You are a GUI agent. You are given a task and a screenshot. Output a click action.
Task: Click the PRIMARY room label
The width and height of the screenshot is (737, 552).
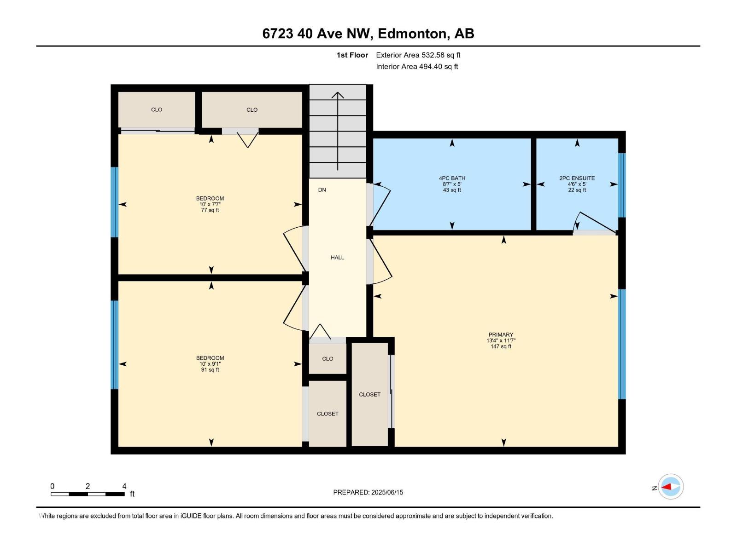(x=501, y=334)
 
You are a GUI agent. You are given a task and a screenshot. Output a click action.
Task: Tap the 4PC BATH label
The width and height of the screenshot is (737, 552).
(x=452, y=178)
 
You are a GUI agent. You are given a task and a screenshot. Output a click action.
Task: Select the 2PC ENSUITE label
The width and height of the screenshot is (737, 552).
(x=577, y=178)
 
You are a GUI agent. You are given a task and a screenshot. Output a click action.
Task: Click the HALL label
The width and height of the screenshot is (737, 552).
(x=337, y=258)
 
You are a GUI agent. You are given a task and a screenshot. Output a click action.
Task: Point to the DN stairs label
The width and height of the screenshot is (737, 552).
(x=322, y=190)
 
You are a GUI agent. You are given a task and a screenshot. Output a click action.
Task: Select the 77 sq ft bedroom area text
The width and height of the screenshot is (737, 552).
(x=210, y=210)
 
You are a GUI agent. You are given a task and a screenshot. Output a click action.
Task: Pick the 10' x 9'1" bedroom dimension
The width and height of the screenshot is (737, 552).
(x=210, y=364)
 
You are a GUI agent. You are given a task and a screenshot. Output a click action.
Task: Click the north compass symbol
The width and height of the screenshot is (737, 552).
(x=670, y=487)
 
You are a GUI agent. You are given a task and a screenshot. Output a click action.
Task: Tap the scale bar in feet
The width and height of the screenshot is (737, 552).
(x=88, y=494)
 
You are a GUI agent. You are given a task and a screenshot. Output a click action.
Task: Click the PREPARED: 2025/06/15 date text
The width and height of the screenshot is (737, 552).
(x=368, y=492)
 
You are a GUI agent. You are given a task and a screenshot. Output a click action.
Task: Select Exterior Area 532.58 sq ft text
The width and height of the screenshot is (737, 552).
(x=418, y=55)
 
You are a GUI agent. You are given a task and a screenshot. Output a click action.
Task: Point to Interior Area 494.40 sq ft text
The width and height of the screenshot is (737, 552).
(x=417, y=67)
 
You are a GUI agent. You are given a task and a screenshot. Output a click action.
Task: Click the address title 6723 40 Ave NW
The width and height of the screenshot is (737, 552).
(x=368, y=34)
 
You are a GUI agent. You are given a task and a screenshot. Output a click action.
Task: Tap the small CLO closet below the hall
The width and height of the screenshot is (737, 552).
(x=328, y=359)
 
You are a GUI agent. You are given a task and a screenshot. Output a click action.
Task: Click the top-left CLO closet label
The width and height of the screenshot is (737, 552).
(x=157, y=109)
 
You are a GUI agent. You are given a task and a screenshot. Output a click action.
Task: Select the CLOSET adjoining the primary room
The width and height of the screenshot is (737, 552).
(x=369, y=394)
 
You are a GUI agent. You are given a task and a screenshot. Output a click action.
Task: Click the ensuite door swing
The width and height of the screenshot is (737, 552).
(x=594, y=223)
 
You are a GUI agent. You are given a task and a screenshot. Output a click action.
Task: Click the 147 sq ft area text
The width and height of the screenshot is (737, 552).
(x=501, y=346)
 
